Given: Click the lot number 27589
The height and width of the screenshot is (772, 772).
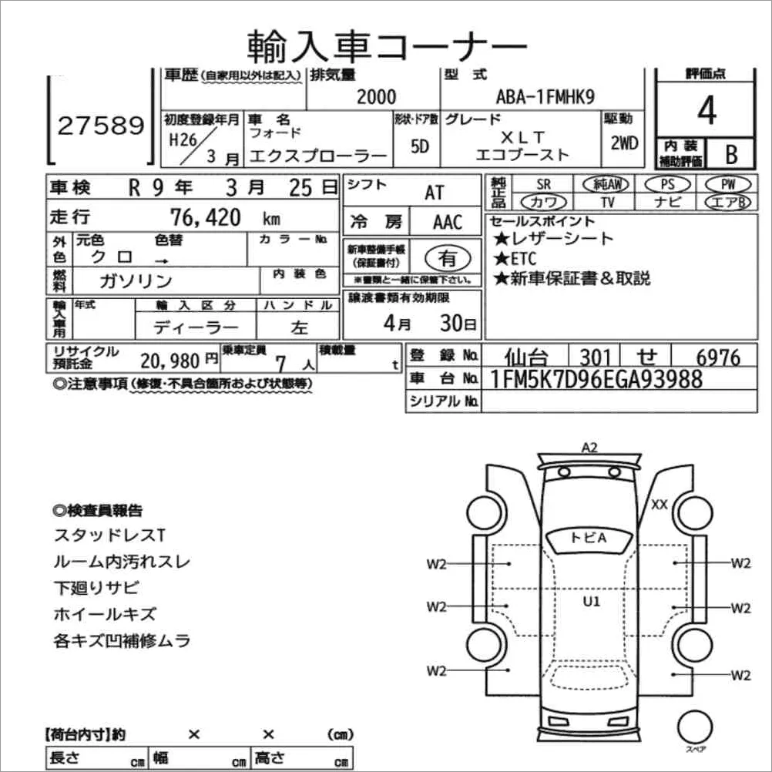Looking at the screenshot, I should click(x=100, y=125).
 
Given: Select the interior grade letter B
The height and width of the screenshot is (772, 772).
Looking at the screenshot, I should click(x=730, y=154).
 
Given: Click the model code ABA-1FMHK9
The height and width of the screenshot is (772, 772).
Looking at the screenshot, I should click(x=546, y=96).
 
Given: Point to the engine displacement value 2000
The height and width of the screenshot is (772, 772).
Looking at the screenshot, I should click(x=377, y=96).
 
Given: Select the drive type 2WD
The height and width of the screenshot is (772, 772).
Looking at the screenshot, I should click(x=623, y=143).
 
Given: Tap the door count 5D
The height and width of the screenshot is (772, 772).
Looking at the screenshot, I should click(x=419, y=146).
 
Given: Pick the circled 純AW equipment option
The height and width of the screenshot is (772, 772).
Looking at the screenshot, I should click(x=606, y=184).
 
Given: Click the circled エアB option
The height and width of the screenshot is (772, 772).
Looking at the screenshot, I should click(x=727, y=202).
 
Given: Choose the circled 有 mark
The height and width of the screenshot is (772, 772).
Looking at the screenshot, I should click(x=446, y=257).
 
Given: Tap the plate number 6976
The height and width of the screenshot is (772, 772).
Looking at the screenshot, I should click(x=717, y=357).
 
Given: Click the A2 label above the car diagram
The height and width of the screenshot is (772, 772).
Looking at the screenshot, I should click(x=590, y=447).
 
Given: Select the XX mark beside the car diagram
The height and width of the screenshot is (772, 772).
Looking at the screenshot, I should click(x=659, y=505).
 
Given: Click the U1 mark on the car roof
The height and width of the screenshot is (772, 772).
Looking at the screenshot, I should click(x=591, y=602).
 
